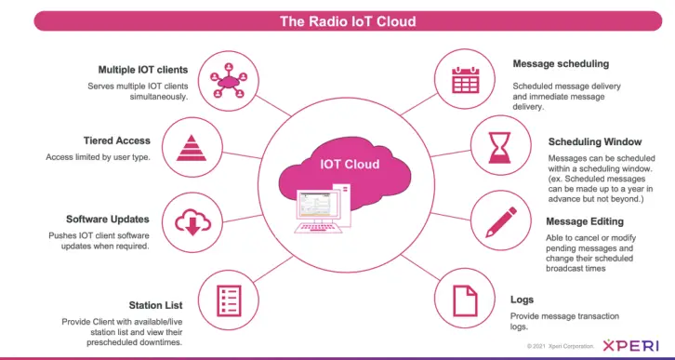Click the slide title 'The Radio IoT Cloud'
[348, 21]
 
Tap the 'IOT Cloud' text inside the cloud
[350, 164]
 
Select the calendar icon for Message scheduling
[465, 80]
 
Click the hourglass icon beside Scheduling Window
[499, 148]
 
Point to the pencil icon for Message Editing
[501, 221]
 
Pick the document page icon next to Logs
[466, 301]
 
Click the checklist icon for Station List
[229, 300]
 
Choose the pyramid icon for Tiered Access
[192, 148]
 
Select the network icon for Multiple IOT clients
[229, 81]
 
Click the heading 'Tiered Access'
[116, 140]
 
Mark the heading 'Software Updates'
[108, 220]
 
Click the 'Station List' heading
[156, 305]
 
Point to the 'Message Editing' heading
[585, 221]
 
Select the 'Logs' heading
[522, 300]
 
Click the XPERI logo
[630, 345]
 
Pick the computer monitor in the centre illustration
[319, 205]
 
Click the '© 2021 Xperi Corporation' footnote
[561, 346]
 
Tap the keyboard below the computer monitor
[319, 228]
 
